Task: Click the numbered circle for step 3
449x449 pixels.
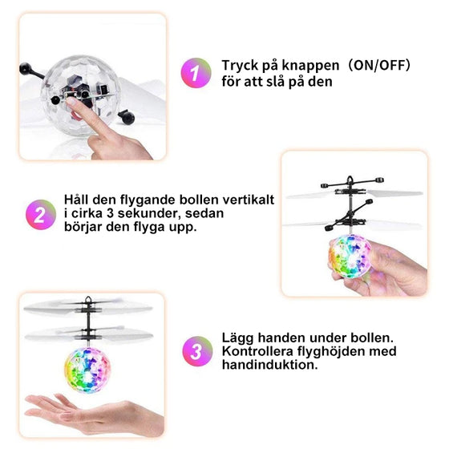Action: (x=195, y=350)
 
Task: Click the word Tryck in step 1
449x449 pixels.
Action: (x=241, y=66)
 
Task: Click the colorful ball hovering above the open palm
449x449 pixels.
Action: (x=88, y=370)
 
